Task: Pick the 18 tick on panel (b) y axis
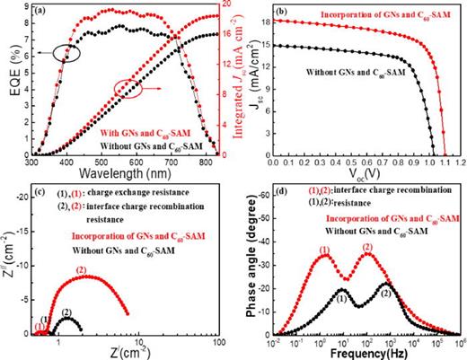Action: point(264,20)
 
